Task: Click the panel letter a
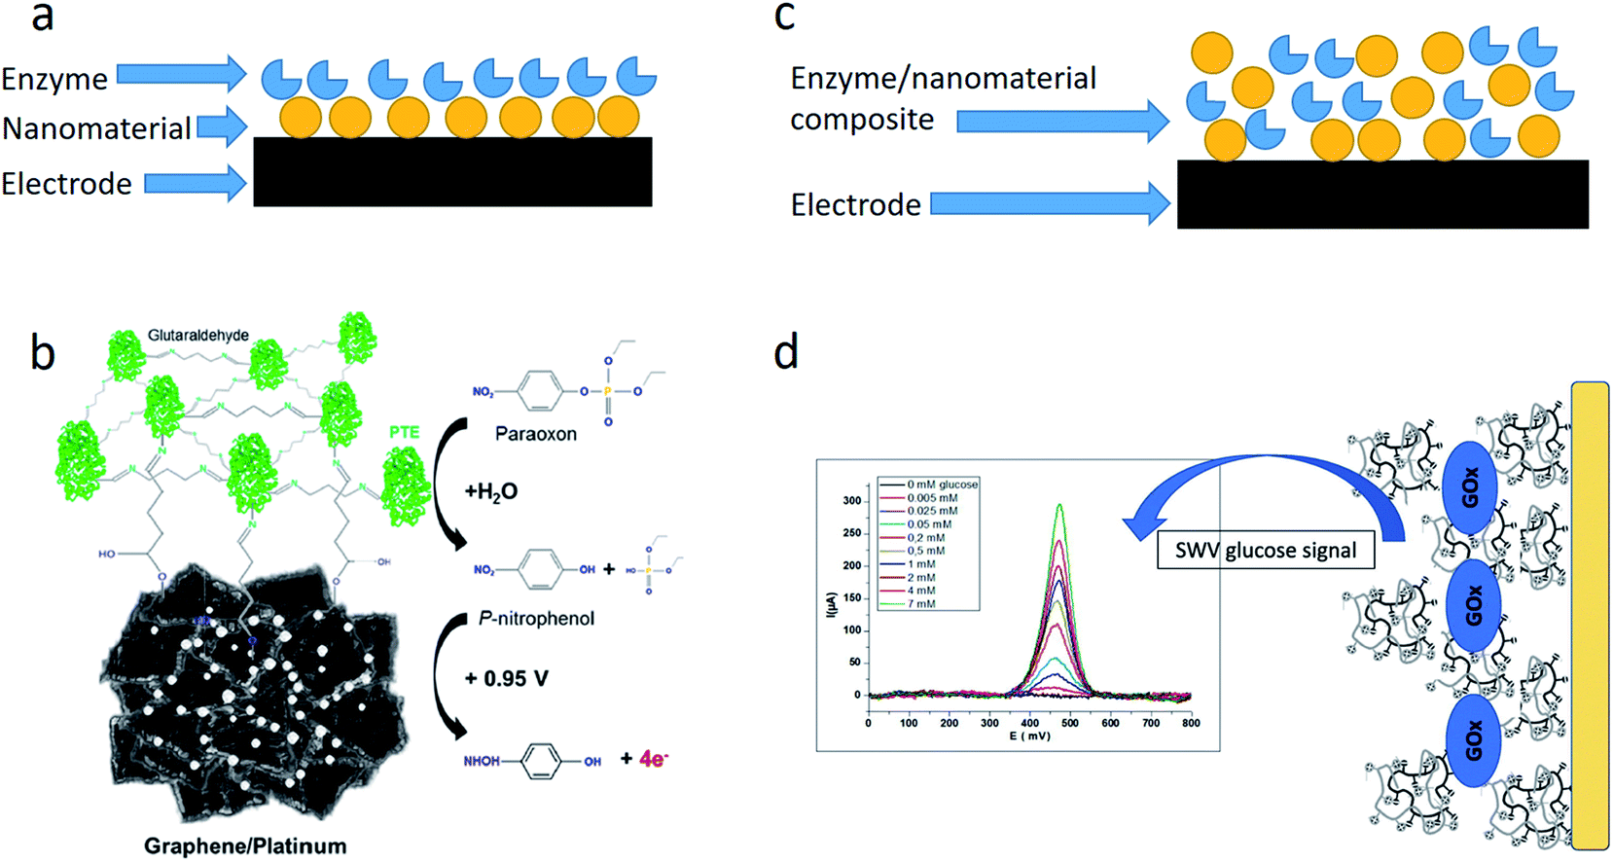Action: (42, 17)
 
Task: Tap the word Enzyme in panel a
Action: (54, 79)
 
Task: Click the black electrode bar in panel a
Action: (452, 172)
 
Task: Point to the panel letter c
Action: (784, 17)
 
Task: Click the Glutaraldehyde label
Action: (198, 336)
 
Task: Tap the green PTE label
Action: (405, 431)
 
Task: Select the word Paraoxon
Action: (535, 434)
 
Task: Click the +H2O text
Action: (490, 492)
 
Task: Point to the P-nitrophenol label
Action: (536, 619)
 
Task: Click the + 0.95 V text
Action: (506, 679)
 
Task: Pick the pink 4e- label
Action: (653, 759)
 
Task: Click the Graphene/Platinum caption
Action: (245, 845)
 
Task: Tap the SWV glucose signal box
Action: (1265, 551)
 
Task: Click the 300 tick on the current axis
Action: (851, 501)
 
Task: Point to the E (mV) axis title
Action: (1029, 736)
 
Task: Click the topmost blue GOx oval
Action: (1470, 488)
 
